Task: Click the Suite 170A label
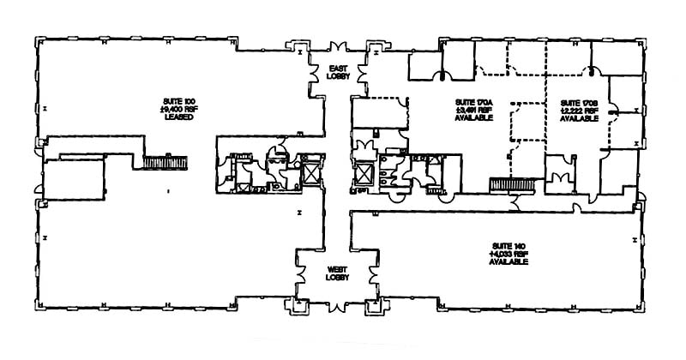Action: point(473,102)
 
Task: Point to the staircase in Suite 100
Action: point(165,160)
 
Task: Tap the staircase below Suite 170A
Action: point(512,183)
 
